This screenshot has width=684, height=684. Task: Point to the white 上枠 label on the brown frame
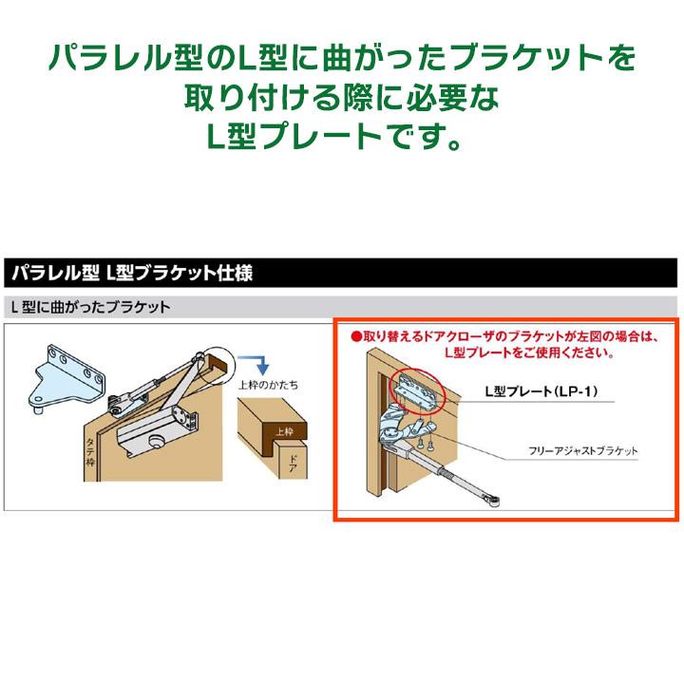pyautogui.click(x=284, y=430)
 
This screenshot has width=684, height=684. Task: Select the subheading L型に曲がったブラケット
pyautogui.click(x=89, y=308)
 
